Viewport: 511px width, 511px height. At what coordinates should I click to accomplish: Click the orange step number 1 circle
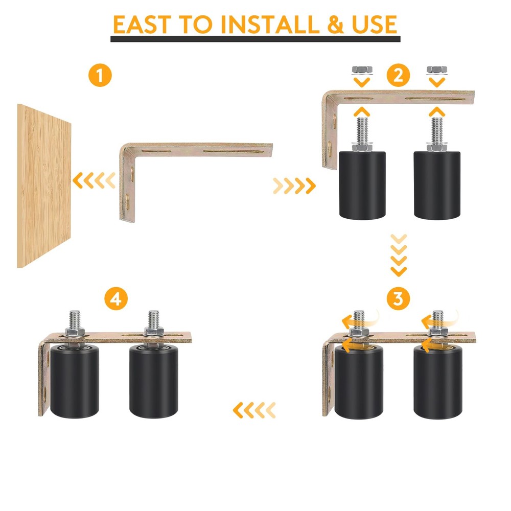(100, 76)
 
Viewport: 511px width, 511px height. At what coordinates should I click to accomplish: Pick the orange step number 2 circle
(398, 76)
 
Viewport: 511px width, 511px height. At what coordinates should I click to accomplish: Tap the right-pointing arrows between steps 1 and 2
(294, 185)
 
